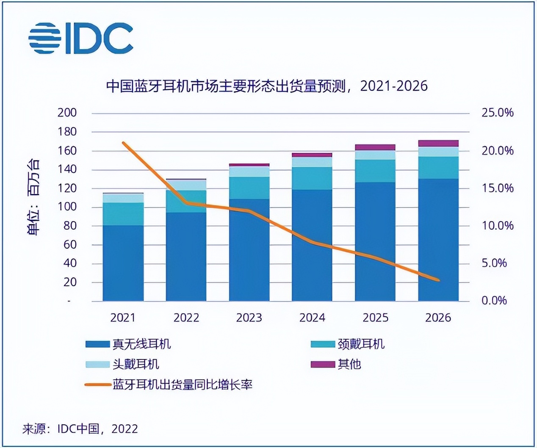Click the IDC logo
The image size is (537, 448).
[x=81, y=38]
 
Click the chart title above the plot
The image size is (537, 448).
[x=266, y=86]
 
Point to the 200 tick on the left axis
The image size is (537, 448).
[x=67, y=113]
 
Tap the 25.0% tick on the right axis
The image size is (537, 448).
[x=497, y=113]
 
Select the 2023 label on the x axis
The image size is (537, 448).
[x=249, y=318]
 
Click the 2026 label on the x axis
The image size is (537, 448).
[x=438, y=318]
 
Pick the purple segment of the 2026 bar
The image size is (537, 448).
[x=438, y=143]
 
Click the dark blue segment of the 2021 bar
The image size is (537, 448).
[x=123, y=263]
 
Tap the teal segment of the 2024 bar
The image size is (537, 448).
[x=312, y=178]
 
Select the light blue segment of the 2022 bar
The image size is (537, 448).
[x=186, y=185]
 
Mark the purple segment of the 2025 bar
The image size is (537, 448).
[x=375, y=147]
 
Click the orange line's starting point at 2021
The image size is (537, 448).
[x=123, y=143]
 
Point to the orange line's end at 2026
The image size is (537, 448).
[x=438, y=280]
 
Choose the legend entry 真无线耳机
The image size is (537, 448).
[x=128, y=344]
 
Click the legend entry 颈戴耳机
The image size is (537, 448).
[x=348, y=344]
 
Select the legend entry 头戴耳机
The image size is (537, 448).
[x=122, y=364]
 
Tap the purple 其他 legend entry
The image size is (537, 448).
[x=336, y=364]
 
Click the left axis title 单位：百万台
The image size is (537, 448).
[x=34, y=197]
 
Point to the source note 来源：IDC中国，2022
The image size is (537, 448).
[x=80, y=429]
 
